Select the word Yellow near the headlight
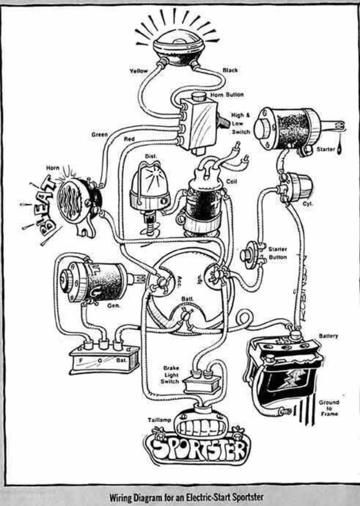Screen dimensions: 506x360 click(x=139, y=71)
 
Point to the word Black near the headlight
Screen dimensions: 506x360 click(x=230, y=71)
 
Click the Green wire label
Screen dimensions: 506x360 click(x=99, y=134)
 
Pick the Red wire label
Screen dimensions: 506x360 click(x=129, y=139)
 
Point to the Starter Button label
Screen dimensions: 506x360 click(x=278, y=253)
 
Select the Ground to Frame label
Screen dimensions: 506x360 click(x=329, y=408)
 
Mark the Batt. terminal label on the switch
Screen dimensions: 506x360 click(x=187, y=299)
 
